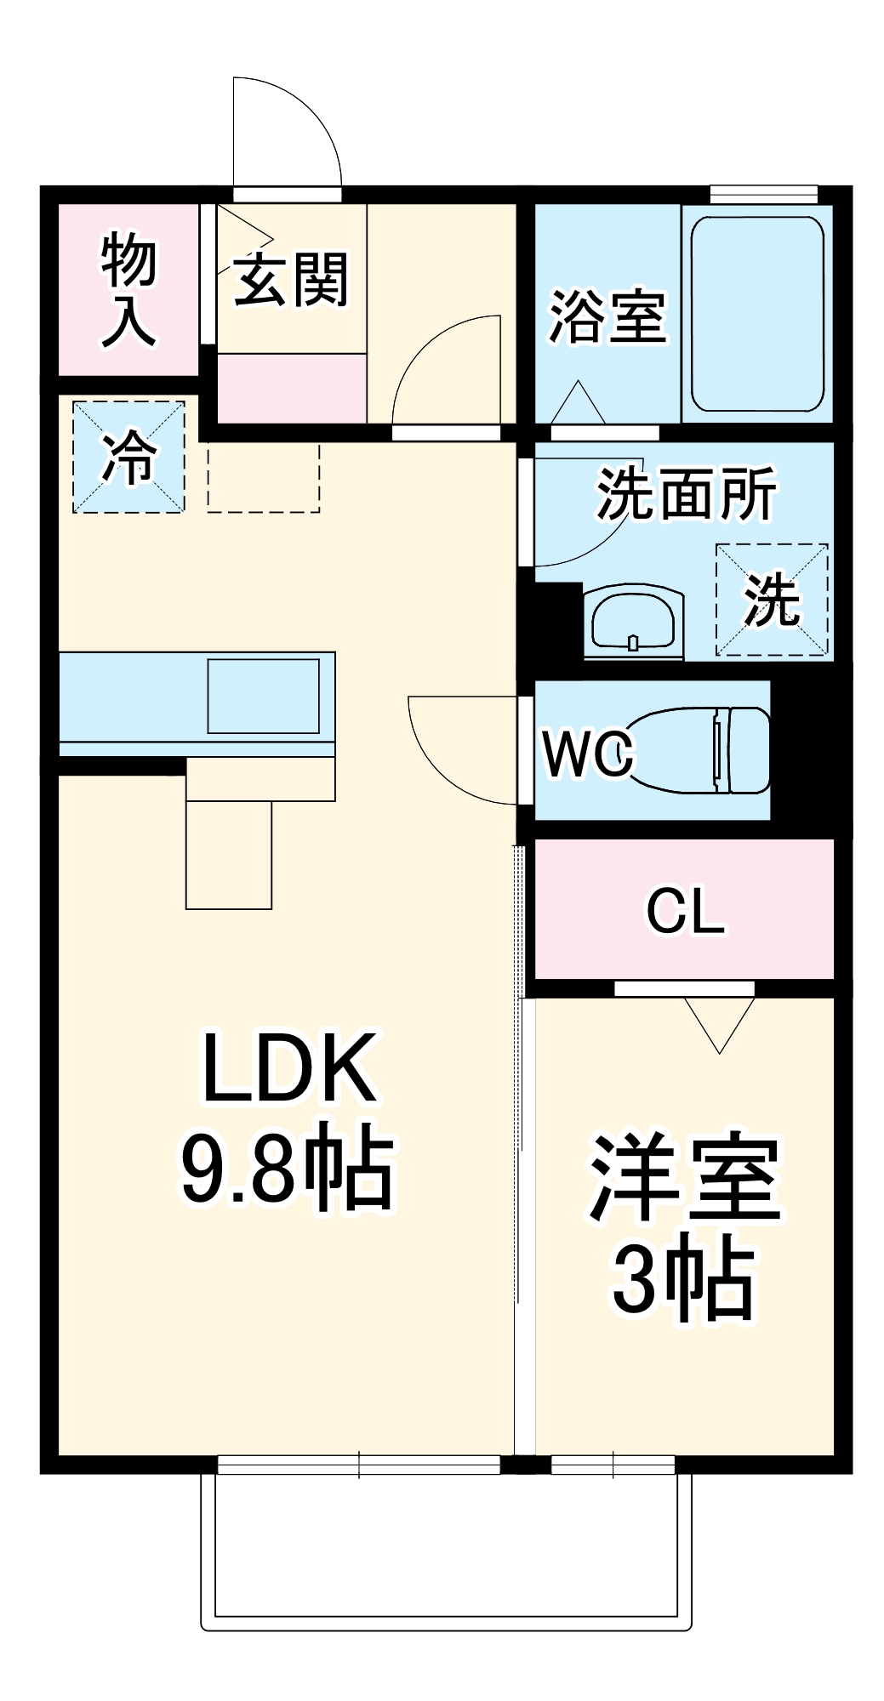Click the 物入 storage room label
tap(128, 291)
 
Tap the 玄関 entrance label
tap(290, 280)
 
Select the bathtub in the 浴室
tap(756, 314)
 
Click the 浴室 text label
tap(606, 316)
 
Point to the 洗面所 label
tap(685, 493)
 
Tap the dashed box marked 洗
tap(772, 600)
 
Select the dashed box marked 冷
tap(128, 458)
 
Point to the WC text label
tap(588, 753)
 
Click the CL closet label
tap(685, 911)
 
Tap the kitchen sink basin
tap(264, 695)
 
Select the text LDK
tap(288, 1068)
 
